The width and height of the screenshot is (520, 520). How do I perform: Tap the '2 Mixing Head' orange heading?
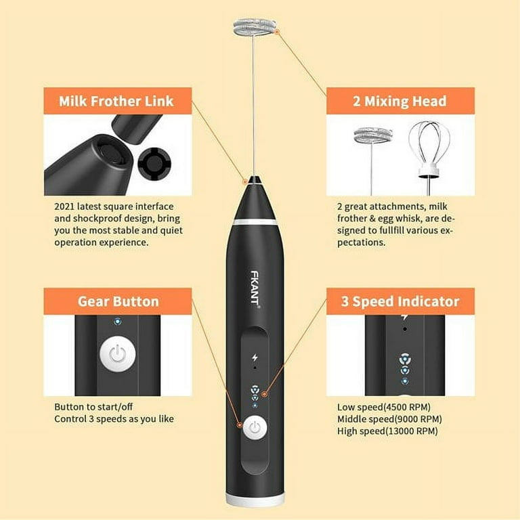[399, 101]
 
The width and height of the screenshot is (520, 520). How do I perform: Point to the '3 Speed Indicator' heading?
[400, 301]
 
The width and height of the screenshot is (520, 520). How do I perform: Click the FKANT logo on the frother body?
[255, 290]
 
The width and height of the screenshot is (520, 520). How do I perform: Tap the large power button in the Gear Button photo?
[118, 354]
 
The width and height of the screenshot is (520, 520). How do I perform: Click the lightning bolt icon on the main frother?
[255, 357]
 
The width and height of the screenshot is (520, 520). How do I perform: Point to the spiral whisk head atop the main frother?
[255, 27]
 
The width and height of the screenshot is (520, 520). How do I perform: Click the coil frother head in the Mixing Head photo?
[373, 136]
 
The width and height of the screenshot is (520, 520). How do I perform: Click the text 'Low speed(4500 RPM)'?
[384, 407]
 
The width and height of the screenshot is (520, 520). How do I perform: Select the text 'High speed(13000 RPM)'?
[387, 431]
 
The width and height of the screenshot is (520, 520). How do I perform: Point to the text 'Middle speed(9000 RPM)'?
[389, 419]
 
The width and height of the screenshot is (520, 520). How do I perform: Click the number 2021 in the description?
[64, 207]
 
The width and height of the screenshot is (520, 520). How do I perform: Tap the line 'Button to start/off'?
[93, 407]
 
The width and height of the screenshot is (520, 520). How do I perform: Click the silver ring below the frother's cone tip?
[255, 221]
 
